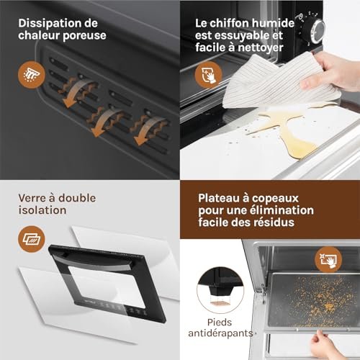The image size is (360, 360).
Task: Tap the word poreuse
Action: [84, 36]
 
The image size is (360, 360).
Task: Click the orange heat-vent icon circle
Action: [32, 75]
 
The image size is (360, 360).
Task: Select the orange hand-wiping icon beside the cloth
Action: [208, 75]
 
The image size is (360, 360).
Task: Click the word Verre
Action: [32, 198]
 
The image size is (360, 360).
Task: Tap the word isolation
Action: [42, 210]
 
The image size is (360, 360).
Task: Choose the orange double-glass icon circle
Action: [32, 239]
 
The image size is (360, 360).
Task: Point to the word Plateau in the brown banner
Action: [219, 198]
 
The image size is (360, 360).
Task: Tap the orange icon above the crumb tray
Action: [328, 260]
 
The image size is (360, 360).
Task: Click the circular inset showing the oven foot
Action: [220, 290]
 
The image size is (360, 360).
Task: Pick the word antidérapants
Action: [220, 333]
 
